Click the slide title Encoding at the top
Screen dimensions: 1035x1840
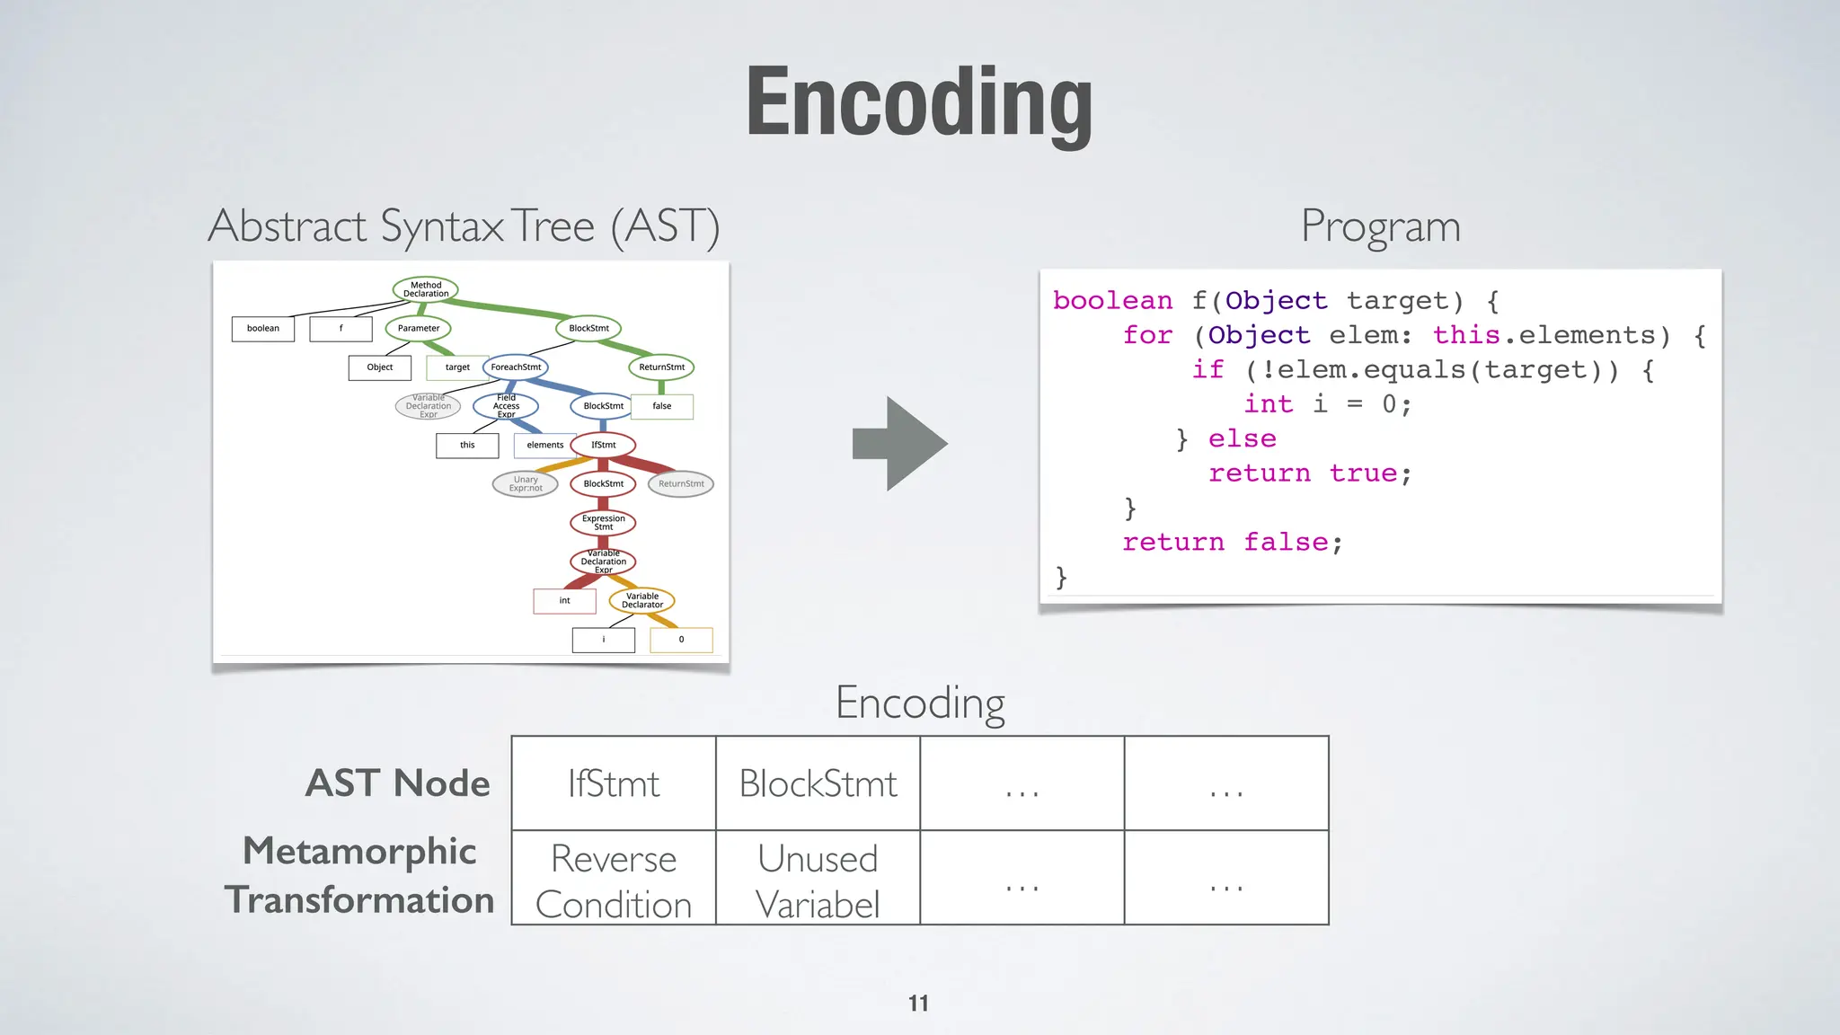pyautogui.click(x=919, y=102)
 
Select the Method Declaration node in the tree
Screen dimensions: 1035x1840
pyautogui.click(x=426, y=289)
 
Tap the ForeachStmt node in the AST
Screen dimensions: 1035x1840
pyautogui.click(x=516, y=367)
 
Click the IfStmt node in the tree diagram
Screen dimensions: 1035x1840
pyautogui.click(x=603, y=445)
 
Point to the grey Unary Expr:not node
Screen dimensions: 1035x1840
pyautogui.click(x=526, y=484)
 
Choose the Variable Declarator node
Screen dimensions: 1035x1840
pyautogui.click(x=641, y=600)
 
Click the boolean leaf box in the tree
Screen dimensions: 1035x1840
pyautogui.click(x=263, y=329)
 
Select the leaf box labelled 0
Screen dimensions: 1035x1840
pyautogui.click(x=681, y=640)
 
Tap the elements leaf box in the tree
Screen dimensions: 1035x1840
pyautogui.click(x=545, y=446)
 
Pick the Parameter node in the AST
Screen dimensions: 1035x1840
pyautogui.click(x=419, y=329)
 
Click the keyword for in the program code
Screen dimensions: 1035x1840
pyautogui.click(x=1147, y=335)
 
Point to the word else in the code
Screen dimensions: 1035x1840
pyautogui.click(x=1242, y=438)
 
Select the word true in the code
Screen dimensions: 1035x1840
pyautogui.click(x=1363, y=473)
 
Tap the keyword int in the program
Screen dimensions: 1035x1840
pyautogui.click(x=1268, y=404)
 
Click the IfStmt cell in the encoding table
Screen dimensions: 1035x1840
pyautogui.click(x=614, y=783)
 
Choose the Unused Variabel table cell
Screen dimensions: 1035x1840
pyautogui.click(x=818, y=880)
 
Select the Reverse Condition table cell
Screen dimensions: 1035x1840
pyautogui.click(x=614, y=880)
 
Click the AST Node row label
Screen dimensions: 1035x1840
pyautogui.click(x=398, y=783)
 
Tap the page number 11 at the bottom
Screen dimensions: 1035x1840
pyautogui.click(x=918, y=1004)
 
